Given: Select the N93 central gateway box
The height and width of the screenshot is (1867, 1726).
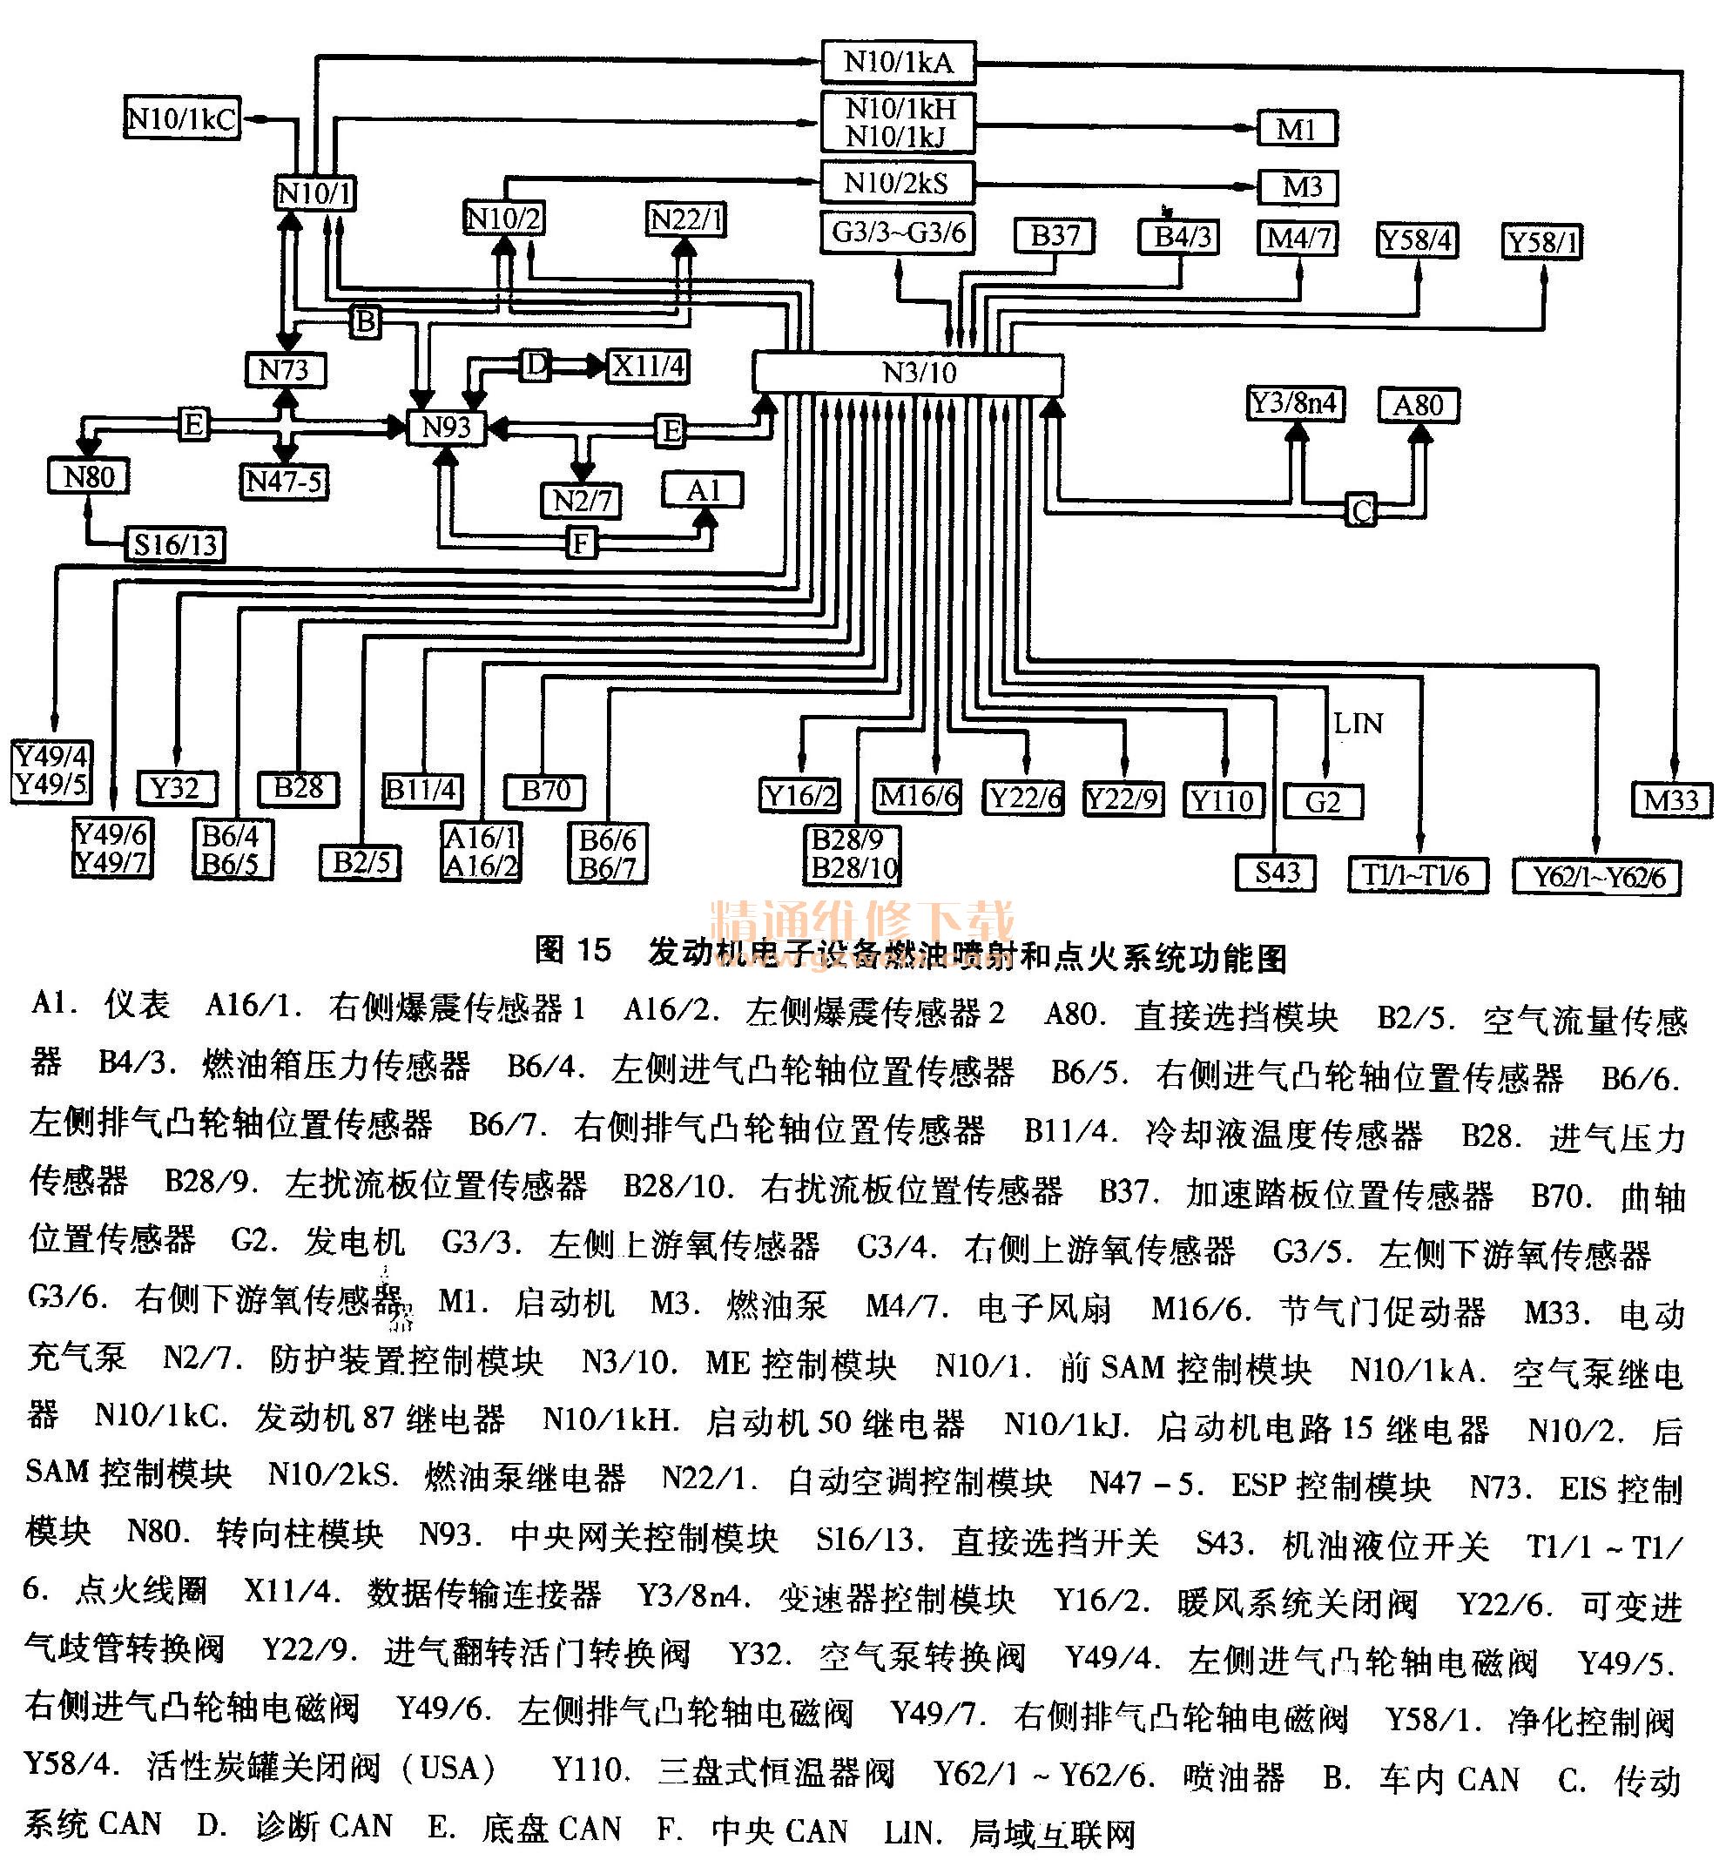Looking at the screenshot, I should (447, 428).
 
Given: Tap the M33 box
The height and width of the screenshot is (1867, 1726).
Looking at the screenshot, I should (1672, 800).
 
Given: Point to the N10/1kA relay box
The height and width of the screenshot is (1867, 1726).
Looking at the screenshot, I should (899, 62).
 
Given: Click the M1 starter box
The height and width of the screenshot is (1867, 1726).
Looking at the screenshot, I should (1297, 129).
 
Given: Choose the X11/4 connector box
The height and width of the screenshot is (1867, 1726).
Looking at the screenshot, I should (649, 365).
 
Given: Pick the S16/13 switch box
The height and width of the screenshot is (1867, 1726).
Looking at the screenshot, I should (176, 544).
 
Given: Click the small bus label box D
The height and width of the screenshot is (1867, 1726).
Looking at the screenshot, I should (536, 364).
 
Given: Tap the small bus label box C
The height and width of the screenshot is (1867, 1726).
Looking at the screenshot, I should (1361, 511).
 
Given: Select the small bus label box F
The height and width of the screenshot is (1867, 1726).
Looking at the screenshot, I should (581, 543).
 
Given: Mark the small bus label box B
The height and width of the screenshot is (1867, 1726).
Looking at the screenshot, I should (366, 321).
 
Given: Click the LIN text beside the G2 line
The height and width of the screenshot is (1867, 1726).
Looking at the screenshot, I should (1357, 724).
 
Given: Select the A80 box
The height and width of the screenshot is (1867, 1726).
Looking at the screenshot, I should (1418, 405).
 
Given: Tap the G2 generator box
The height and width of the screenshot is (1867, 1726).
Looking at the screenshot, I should (1323, 801).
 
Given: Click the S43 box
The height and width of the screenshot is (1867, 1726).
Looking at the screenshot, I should (1277, 873).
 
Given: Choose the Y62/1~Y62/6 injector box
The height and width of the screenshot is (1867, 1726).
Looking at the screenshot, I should (1597, 877).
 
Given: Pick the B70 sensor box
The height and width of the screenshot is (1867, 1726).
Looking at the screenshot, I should (545, 791).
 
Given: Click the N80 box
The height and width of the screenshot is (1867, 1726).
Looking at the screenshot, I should (89, 477).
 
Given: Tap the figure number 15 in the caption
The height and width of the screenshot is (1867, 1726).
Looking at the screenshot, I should (591, 950).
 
